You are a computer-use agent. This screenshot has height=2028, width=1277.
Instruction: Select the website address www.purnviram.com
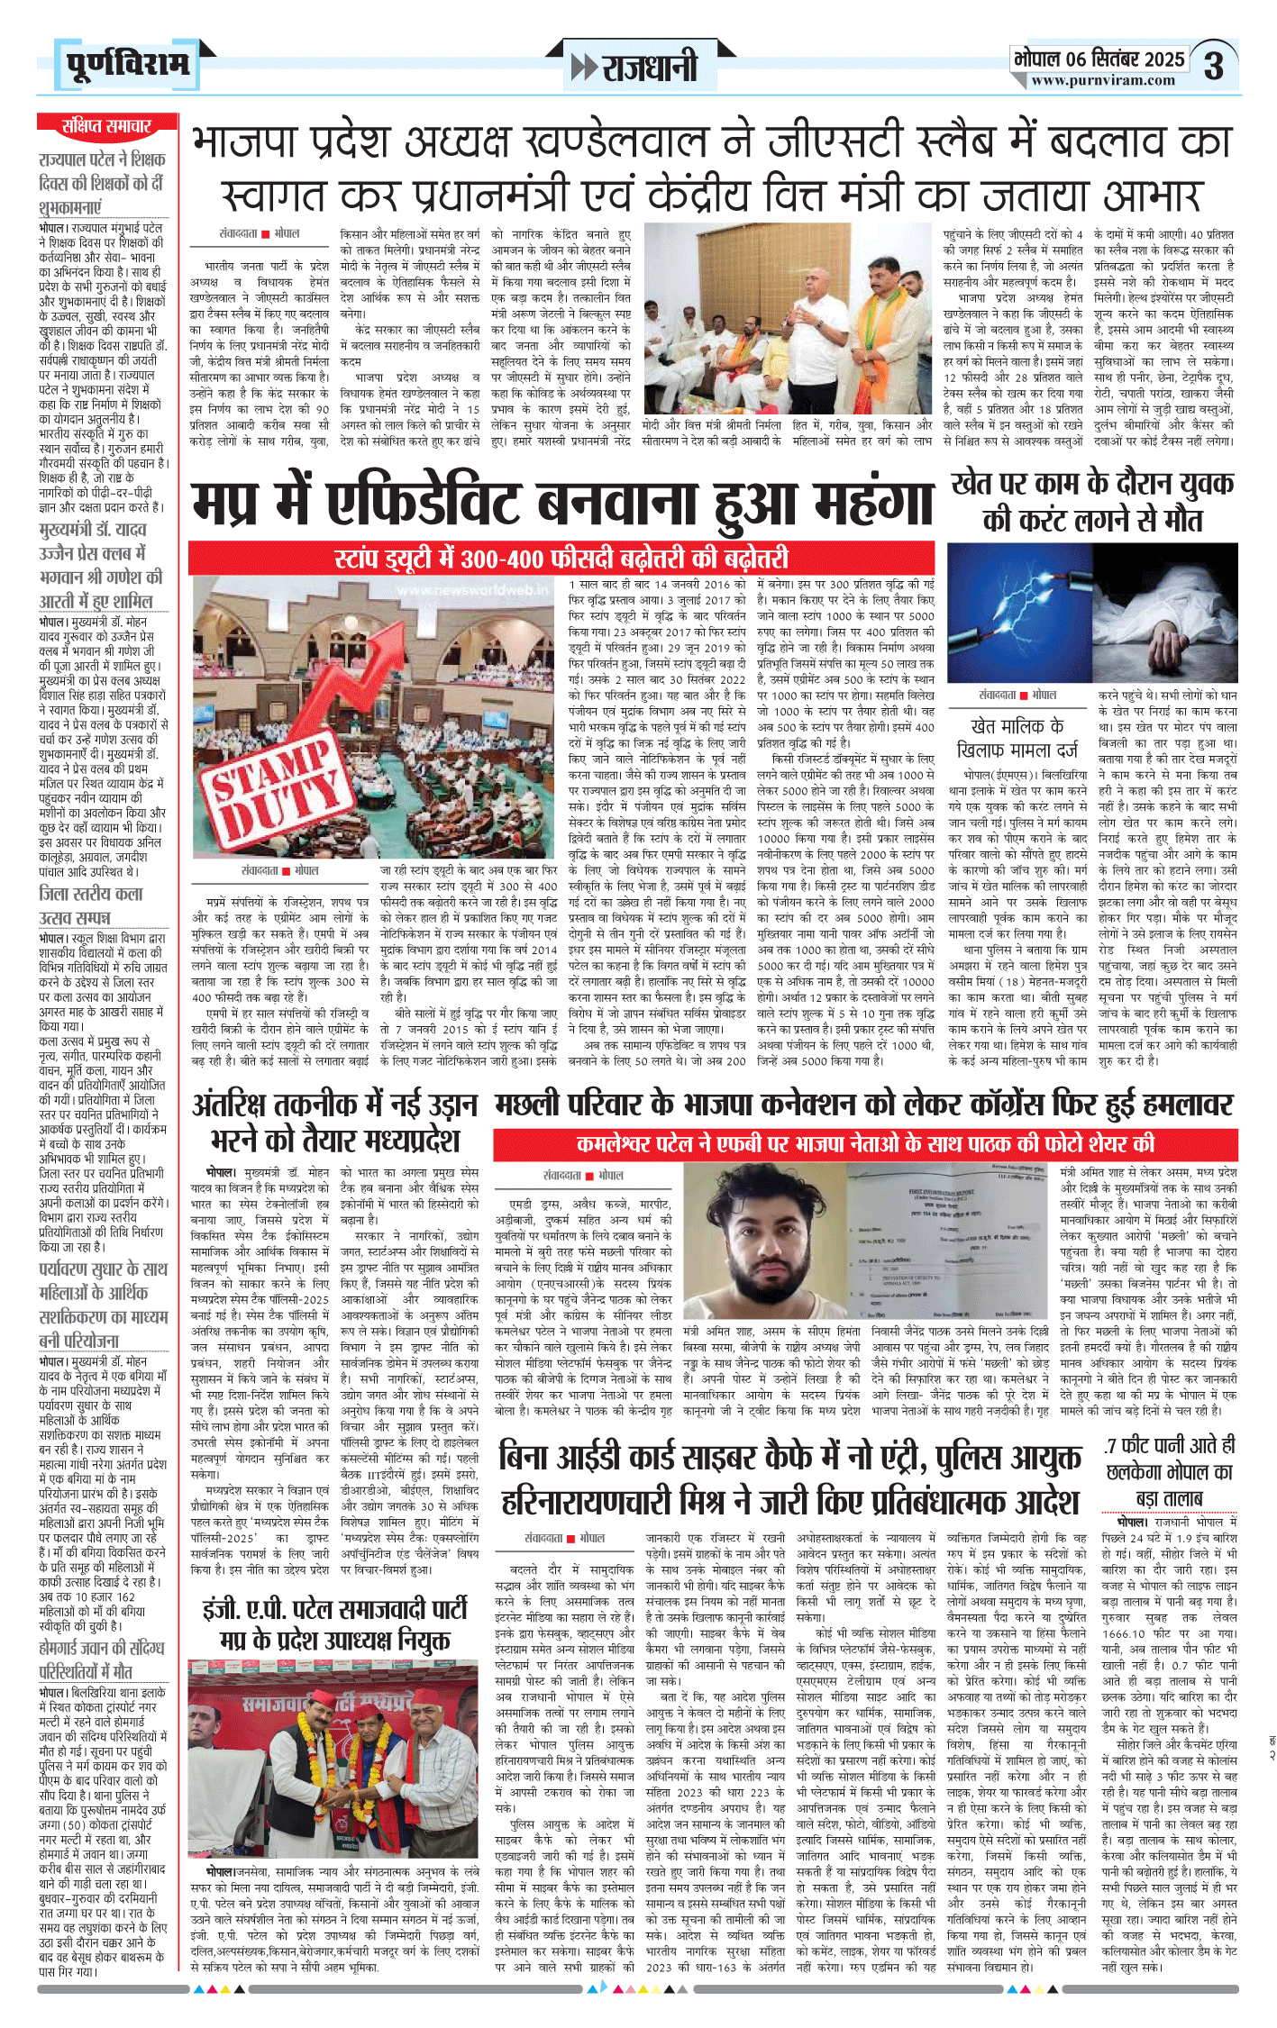[1103, 80]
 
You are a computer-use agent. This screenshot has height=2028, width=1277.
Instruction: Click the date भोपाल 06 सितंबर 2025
[1099, 59]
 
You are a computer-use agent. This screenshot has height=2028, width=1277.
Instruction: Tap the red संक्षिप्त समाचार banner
[106, 126]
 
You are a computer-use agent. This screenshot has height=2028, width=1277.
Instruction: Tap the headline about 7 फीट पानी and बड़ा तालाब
[1169, 1471]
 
